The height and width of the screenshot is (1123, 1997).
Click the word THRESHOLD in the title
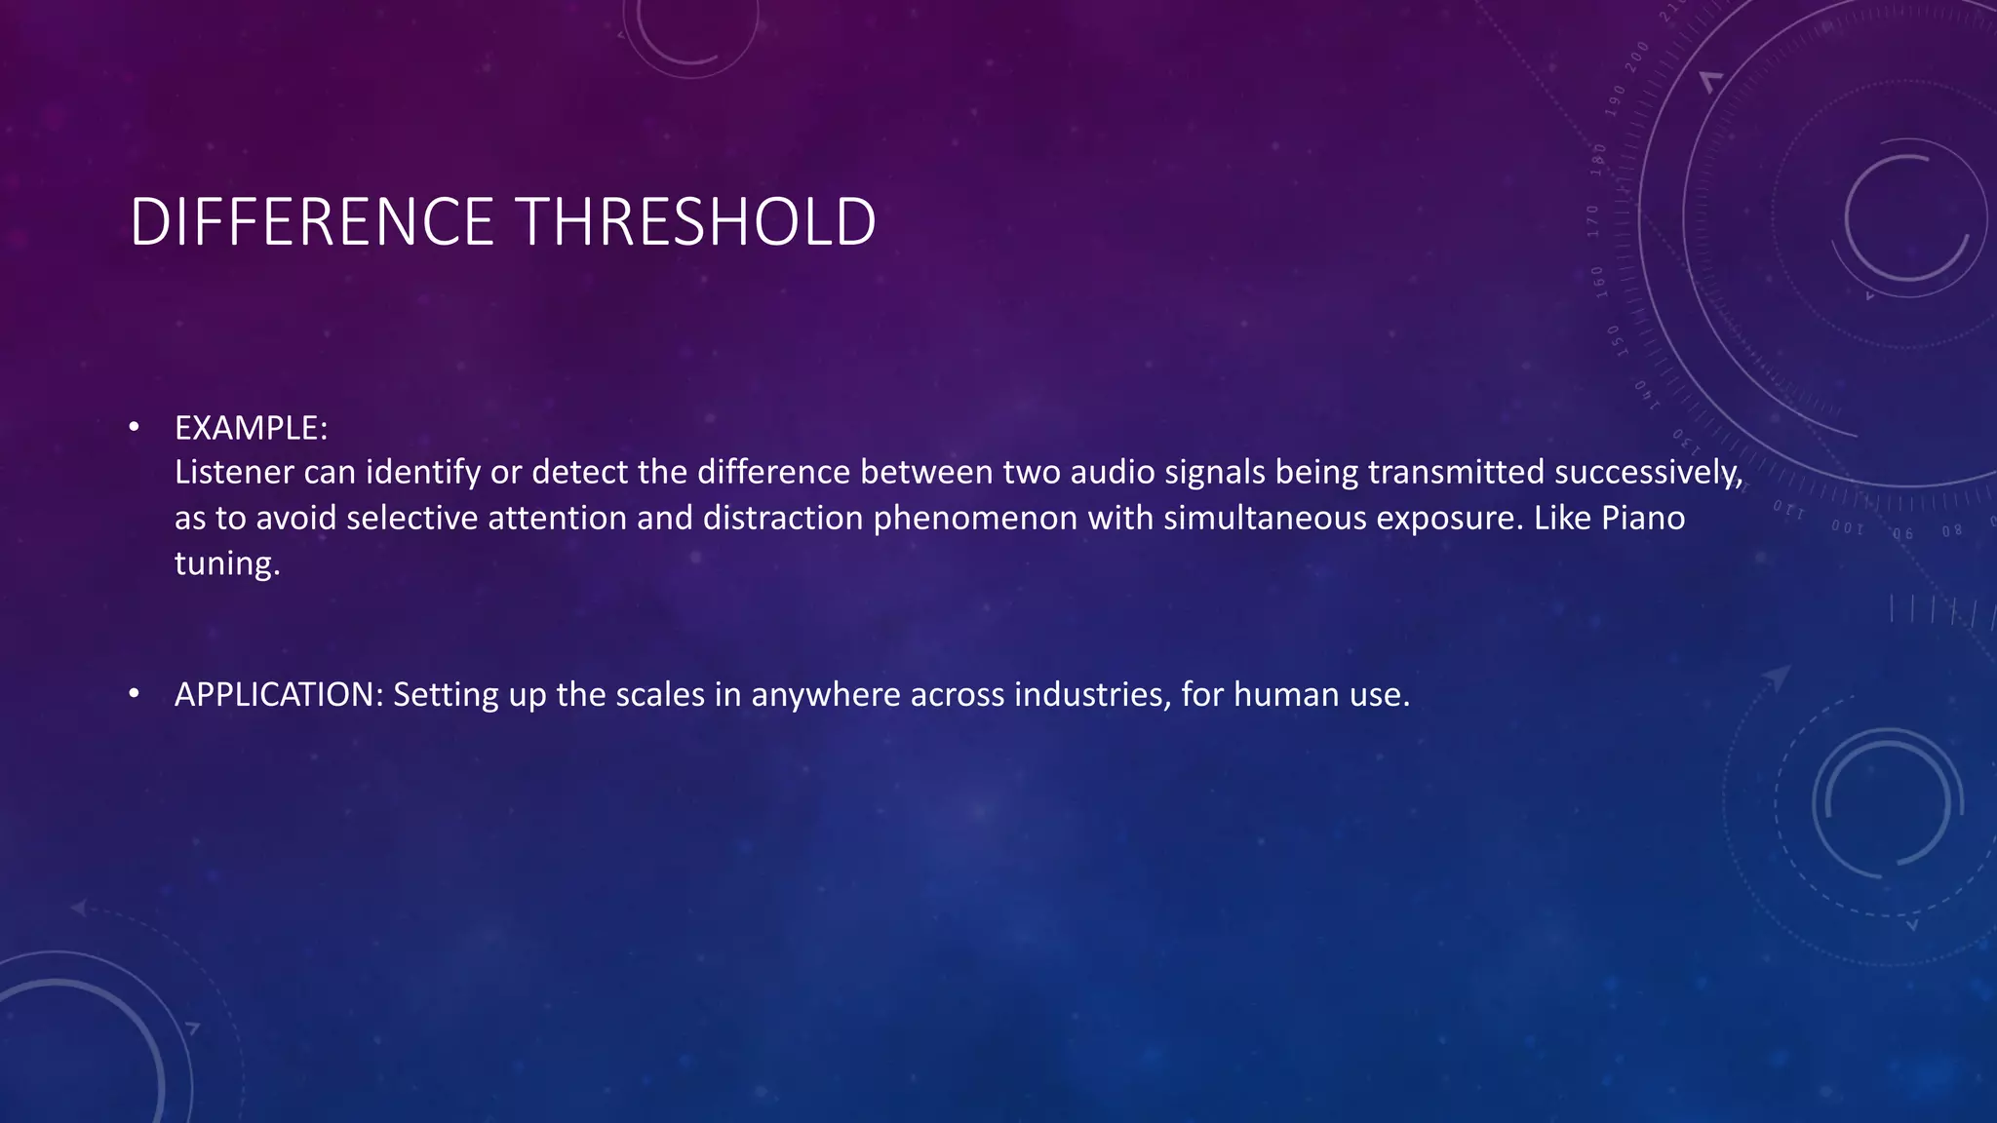pos(696,222)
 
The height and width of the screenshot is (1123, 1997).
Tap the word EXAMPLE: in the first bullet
pos(251,428)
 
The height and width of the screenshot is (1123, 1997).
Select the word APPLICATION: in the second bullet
pos(279,694)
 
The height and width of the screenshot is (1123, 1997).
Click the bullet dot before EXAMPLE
pos(135,427)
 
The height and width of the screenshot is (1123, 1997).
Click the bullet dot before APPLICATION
pos(135,693)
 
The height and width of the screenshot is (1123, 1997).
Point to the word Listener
pos(234,473)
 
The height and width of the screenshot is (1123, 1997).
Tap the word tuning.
pos(226,563)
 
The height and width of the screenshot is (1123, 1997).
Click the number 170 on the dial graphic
pos(1593,221)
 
